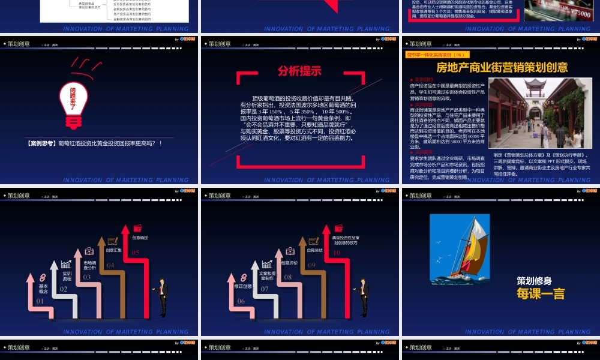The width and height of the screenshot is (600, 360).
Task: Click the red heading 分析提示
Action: point(299,71)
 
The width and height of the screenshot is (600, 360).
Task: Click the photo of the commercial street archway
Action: point(535,113)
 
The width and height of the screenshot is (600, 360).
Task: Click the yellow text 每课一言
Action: point(541,293)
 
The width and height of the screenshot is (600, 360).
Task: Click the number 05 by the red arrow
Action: point(136,253)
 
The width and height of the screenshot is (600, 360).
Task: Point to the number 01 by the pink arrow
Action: point(40,301)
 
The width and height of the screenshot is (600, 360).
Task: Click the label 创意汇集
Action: point(113,250)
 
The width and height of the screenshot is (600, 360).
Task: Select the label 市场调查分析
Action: point(90,265)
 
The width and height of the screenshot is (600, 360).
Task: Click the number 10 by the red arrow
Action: point(337,253)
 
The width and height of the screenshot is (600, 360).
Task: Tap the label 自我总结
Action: point(314,250)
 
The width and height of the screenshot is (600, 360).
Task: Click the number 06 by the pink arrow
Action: point(241,301)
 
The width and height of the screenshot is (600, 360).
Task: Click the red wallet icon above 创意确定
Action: point(138,228)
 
